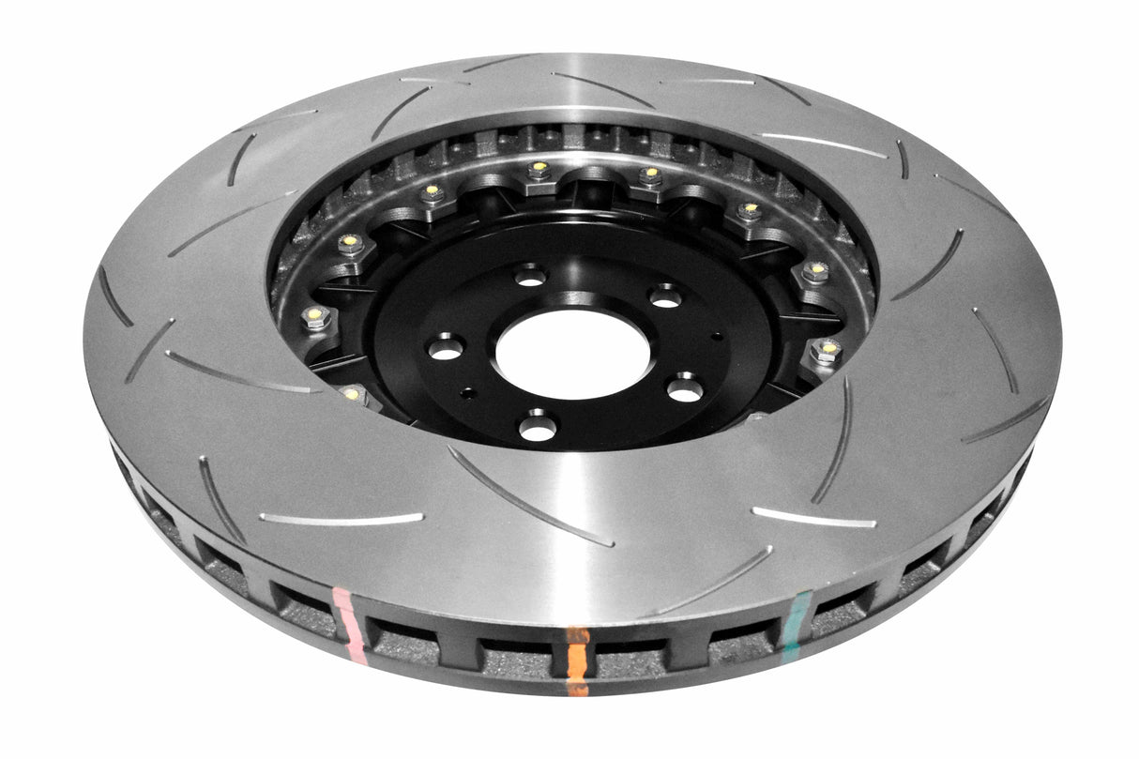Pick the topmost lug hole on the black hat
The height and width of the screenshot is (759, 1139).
(530, 276)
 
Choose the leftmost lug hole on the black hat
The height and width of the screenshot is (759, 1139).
(446, 348)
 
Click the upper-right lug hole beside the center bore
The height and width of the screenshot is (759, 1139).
(665, 296)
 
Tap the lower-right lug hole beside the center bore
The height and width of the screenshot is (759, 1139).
(685, 388)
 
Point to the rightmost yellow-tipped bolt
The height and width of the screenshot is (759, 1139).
(827, 352)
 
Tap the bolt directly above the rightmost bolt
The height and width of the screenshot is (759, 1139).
(814, 273)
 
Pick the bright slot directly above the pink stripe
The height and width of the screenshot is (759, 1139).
(341, 517)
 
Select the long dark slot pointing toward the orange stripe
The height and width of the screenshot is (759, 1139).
(530, 497)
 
